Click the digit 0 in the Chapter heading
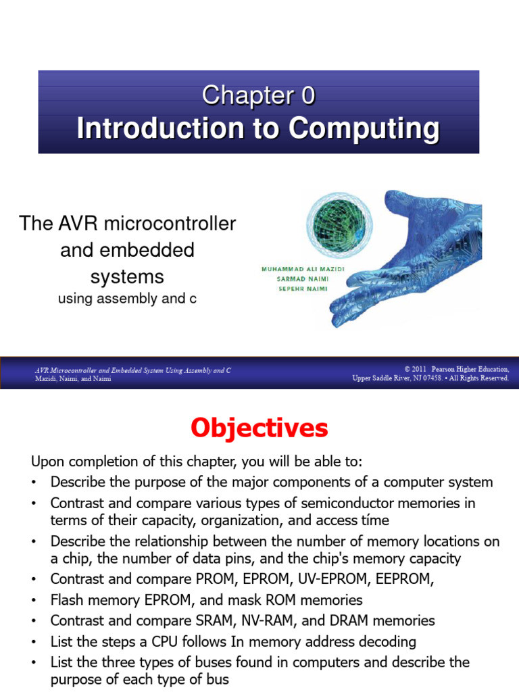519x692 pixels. click(307, 96)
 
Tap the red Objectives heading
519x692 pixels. click(259, 428)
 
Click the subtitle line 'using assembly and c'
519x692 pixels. click(127, 298)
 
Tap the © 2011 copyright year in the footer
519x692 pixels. click(419, 370)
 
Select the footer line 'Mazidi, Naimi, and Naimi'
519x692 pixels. click(73, 379)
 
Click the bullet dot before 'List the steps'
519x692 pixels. click(34, 642)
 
